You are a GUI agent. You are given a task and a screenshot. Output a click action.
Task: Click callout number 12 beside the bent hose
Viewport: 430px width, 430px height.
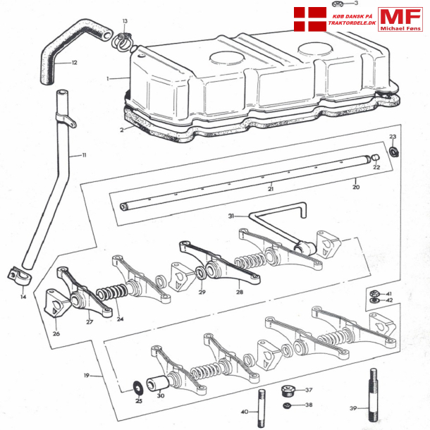74,63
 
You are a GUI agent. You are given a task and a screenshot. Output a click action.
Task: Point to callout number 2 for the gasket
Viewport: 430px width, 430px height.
121,130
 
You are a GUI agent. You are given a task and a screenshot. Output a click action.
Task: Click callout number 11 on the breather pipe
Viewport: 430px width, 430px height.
83,154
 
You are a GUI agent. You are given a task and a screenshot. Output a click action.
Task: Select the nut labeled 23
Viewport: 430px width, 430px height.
394,150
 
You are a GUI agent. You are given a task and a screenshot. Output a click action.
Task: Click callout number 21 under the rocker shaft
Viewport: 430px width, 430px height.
270,189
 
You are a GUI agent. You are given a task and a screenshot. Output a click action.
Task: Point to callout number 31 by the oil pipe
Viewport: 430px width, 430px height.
231,216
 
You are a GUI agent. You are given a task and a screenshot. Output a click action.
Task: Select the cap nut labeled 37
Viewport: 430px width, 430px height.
288,390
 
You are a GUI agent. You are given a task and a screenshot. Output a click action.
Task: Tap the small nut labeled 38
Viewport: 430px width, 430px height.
288,405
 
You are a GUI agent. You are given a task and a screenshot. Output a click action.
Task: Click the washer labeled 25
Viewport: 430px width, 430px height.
136,387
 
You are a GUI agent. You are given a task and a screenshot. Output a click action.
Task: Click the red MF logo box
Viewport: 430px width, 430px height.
400,19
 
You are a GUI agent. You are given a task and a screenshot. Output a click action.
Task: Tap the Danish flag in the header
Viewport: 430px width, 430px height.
309,18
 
